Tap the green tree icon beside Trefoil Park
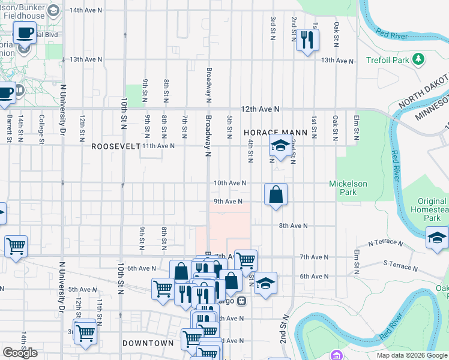tap(419, 60)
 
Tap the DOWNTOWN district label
tap(148, 343)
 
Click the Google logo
tap(20, 353)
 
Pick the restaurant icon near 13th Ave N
tap(307, 40)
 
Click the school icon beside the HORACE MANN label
tap(279, 146)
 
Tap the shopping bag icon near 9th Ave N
tap(276, 194)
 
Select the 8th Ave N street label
tap(293, 226)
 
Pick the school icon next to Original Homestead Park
tap(437, 238)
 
